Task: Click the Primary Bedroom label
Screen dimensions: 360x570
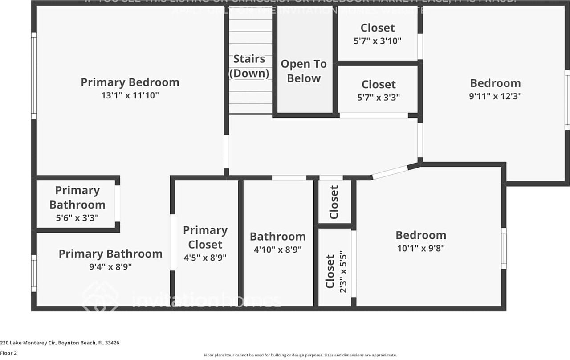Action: tap(130, 82)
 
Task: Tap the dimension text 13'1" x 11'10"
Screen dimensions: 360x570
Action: tap(130, 95)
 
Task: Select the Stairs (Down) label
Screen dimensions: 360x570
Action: tap(249, 66)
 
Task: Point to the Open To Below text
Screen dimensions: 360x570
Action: tap(303, 71)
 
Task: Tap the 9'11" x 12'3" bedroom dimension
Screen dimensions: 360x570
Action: tap(495, 96)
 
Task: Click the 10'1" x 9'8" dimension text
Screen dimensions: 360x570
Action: tap(421, 249)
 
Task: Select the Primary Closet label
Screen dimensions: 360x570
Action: tap(205, 237)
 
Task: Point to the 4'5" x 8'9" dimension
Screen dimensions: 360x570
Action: tap(205, 257)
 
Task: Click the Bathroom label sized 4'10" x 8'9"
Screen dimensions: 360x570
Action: tap(277, 237)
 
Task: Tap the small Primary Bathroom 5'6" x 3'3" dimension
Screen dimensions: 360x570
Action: tap(77, 218)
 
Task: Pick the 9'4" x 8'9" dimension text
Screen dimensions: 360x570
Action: tap(110, 266)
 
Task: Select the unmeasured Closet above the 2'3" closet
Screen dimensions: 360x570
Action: tap(334, 202)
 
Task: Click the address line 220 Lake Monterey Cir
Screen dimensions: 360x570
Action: tap(60, 343)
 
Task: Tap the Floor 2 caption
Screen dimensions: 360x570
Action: tap(9, 353)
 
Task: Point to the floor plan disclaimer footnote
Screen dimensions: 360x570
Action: tap(300, 355)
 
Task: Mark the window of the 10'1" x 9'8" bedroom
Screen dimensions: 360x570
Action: tap(504, 248)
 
